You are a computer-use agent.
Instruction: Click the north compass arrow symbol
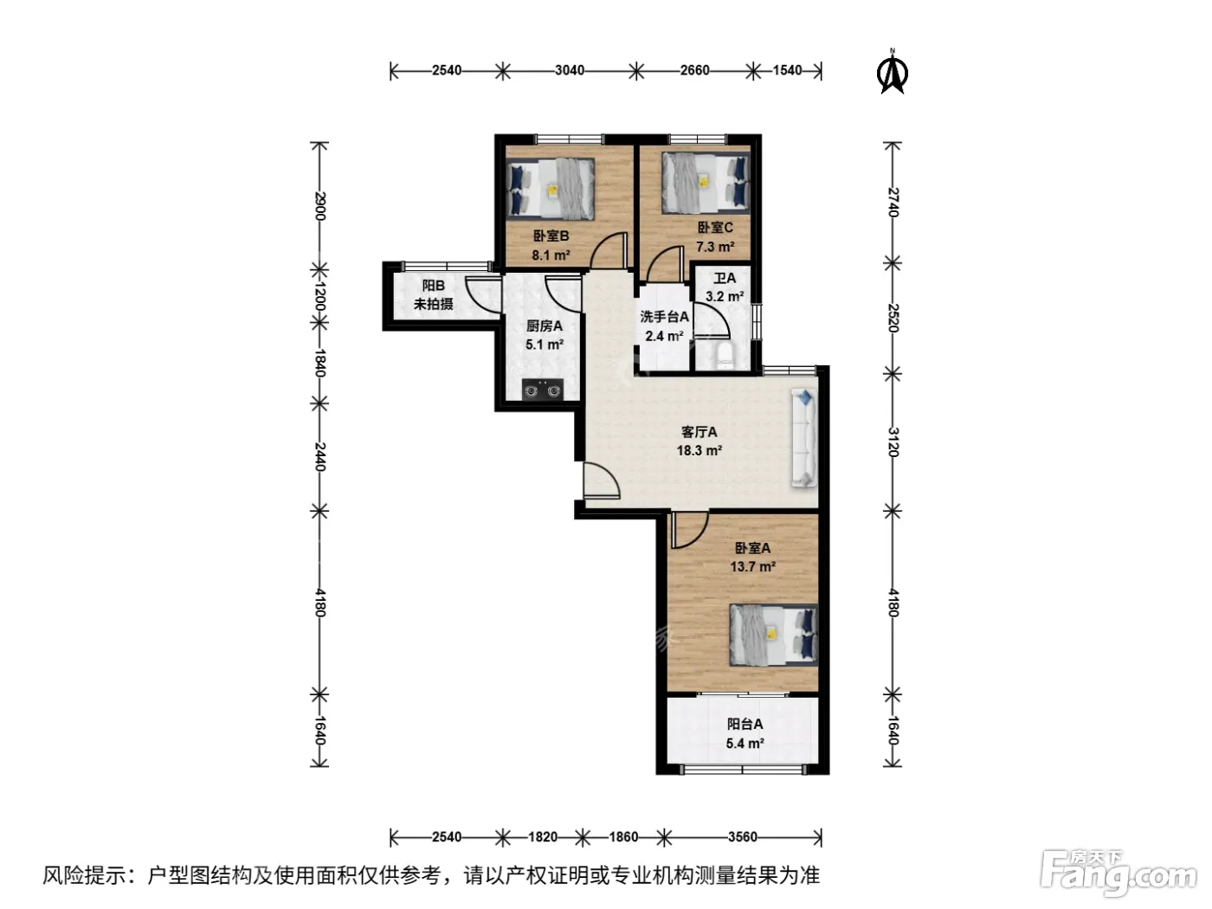(x=892, y=72)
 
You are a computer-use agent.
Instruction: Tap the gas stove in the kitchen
(x=542, y=389)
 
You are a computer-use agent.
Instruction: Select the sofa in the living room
(x=804, y=438)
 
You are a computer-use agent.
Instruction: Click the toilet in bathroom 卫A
(x=724, y=356)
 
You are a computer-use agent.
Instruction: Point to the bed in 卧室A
(x=773, y=635)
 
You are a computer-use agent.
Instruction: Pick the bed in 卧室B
(x=551, y=190)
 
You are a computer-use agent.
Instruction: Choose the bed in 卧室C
(x=706, y=183)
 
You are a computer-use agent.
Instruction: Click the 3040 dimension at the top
(x=570, y=71)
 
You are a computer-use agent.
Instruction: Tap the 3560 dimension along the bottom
(x=742, y=837)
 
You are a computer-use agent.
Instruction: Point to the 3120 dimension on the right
(x=893, y=442)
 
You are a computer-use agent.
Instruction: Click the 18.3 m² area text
(x=699, y=450)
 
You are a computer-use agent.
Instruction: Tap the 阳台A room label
(x=745, y=724)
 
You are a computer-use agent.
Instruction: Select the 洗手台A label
(x=664, y=317)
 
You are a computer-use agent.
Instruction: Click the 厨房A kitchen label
(x=545, y=326)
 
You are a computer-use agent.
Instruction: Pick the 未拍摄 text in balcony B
(x=434, y=304)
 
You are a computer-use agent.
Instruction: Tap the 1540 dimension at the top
(x=788, y=71)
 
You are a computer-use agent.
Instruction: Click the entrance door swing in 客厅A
(x=602, y=480)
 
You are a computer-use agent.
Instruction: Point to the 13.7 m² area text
(x=752, y=567)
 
